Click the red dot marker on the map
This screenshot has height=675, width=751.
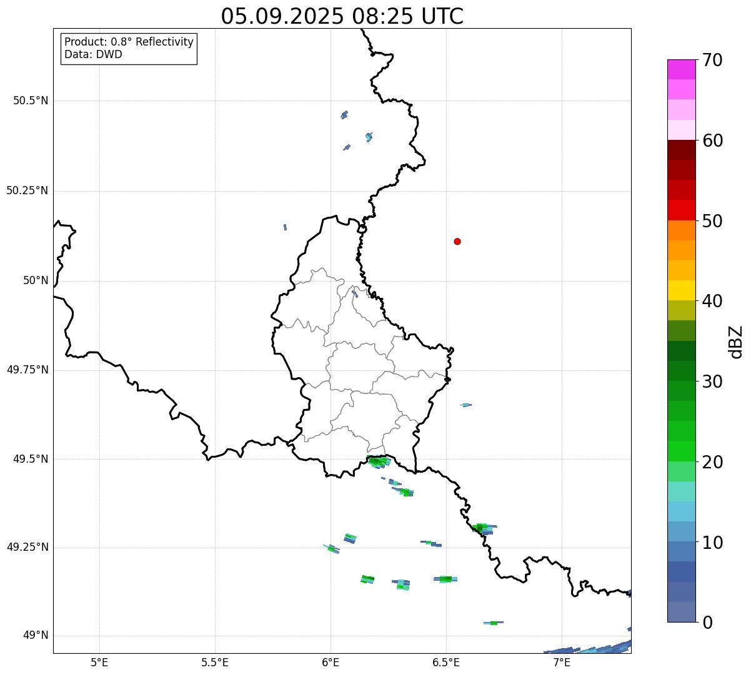457,241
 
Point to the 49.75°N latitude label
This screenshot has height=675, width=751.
27,370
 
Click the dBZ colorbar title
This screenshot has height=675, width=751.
736,342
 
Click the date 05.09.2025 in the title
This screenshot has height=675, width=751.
282,17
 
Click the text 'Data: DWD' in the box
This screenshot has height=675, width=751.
94,54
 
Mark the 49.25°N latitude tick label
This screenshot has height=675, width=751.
27,547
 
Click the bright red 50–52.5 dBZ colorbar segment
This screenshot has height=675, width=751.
681,210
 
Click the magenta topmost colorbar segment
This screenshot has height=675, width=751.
681,69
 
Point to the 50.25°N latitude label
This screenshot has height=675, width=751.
27,190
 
